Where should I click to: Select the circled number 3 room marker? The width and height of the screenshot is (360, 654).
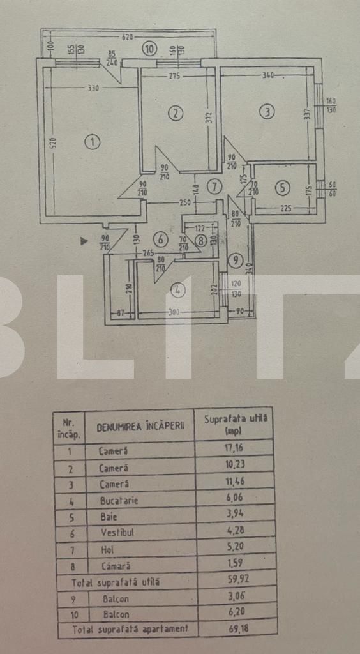267,112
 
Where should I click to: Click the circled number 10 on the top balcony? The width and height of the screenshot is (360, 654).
149,48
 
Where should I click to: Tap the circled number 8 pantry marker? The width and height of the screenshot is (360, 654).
201,241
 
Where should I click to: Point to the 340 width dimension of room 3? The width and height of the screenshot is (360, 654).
267,76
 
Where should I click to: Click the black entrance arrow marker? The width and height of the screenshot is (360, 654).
83,241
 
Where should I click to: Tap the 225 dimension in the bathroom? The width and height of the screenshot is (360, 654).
285,208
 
